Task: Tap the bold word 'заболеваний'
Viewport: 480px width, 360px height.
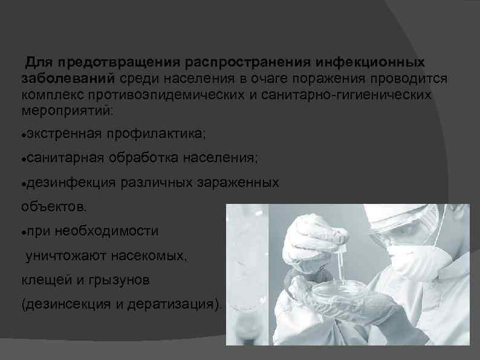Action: tap(68, 79)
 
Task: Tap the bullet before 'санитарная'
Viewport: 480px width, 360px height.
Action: tap(23, 158)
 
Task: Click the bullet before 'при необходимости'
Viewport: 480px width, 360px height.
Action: tap(23, 232)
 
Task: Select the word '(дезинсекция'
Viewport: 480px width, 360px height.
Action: tap(66, 304)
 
